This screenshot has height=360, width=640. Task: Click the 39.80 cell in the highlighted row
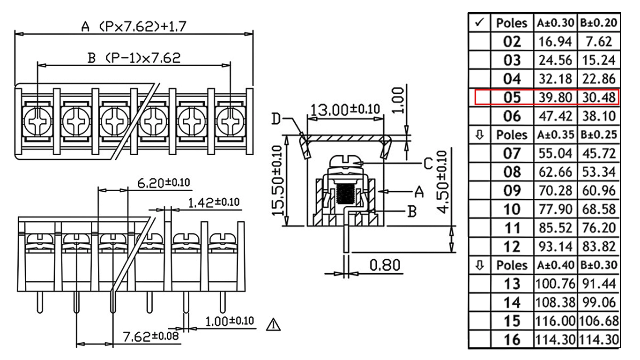pos(555,97)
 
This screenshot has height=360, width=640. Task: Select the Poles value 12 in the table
pos(512,247)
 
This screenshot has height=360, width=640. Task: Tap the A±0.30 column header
pos(555,22)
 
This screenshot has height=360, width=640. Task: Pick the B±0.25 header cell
pos(599,135)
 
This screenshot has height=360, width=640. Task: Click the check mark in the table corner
pos(480,22)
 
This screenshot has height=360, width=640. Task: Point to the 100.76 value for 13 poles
pos(555,284)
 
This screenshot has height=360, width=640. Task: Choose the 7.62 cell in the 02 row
pos(599,42)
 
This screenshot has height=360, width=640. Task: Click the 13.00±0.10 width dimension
pos(345,110)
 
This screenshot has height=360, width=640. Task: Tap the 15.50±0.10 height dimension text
pos(277,181)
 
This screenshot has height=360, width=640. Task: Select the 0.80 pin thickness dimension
pos(385,265)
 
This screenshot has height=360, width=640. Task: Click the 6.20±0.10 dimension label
pos(164,183)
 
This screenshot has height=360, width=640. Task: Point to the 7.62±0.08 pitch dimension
pos(151,336)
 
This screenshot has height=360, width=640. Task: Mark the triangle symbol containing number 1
pos(273,325)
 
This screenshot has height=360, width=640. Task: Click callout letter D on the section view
pos(276,119)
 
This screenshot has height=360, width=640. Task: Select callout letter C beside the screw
pos(428,164)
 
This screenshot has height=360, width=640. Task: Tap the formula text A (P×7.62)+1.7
pos(134,27)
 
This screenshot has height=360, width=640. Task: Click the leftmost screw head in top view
pos(37,121)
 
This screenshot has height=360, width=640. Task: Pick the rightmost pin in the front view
pos(223,302)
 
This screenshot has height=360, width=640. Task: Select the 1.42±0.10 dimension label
pos(214,202)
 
